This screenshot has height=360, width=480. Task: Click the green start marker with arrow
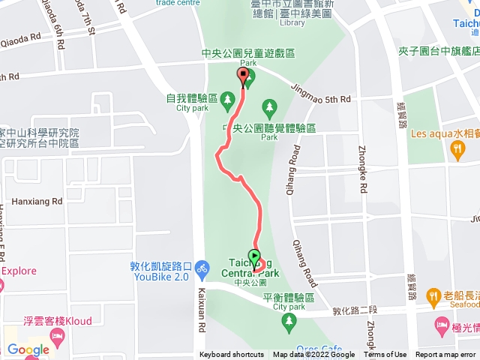[x=254, y=257]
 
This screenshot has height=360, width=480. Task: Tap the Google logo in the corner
[x=28, y=349]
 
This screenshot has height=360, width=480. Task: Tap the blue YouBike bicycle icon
[x=201, y=266]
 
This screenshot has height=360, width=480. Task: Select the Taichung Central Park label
[x=251, y=273]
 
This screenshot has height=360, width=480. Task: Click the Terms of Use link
[x=390, y=355]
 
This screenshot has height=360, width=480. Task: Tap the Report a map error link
[x=447, y=355]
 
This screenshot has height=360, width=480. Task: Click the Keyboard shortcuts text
[x=231, y=355]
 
